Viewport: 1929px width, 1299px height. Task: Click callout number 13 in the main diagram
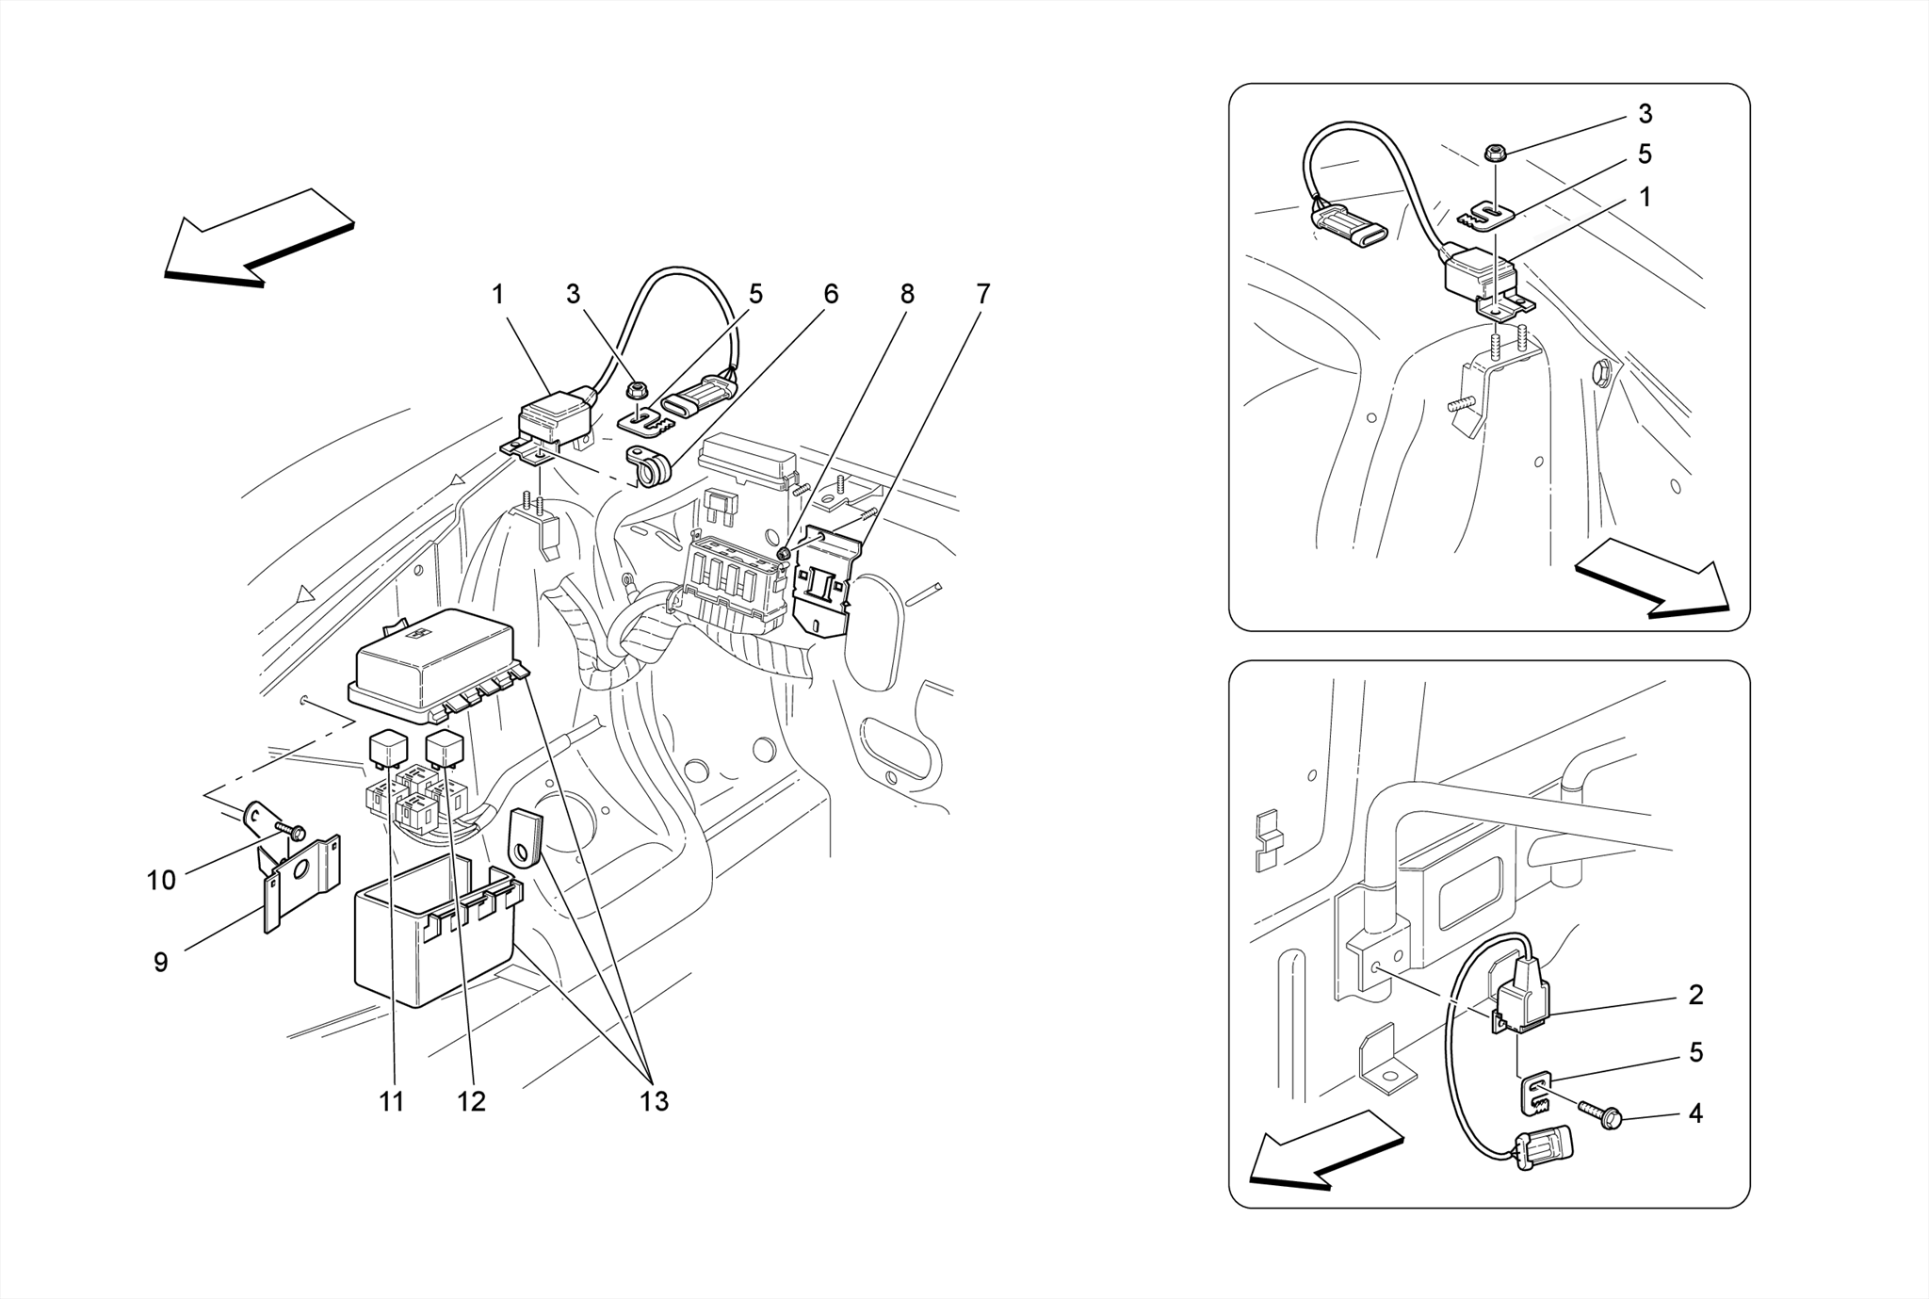(x=654, y=1100)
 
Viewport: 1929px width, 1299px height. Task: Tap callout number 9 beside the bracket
(x=161, y=962)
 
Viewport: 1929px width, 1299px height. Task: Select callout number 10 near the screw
(x=161, y=880)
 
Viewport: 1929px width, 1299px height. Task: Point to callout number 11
(x=392, y=1100)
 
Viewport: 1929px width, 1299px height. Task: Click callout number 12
(x=471, y=1100)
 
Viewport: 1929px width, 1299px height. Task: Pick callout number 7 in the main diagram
(x=982, y=294)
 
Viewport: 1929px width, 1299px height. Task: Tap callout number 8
(x=906, y=294)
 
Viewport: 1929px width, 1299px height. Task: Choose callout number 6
(x=830, y=294)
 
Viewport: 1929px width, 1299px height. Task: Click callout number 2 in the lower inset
(x=1695, y=995)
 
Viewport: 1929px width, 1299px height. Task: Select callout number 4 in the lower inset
(x=1695, y=1113)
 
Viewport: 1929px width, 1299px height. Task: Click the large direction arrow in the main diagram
(x=259, y=235)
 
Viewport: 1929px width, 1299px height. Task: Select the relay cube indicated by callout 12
(x=444, y=749)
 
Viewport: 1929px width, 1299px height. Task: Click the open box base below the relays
(x=433, y=942)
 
